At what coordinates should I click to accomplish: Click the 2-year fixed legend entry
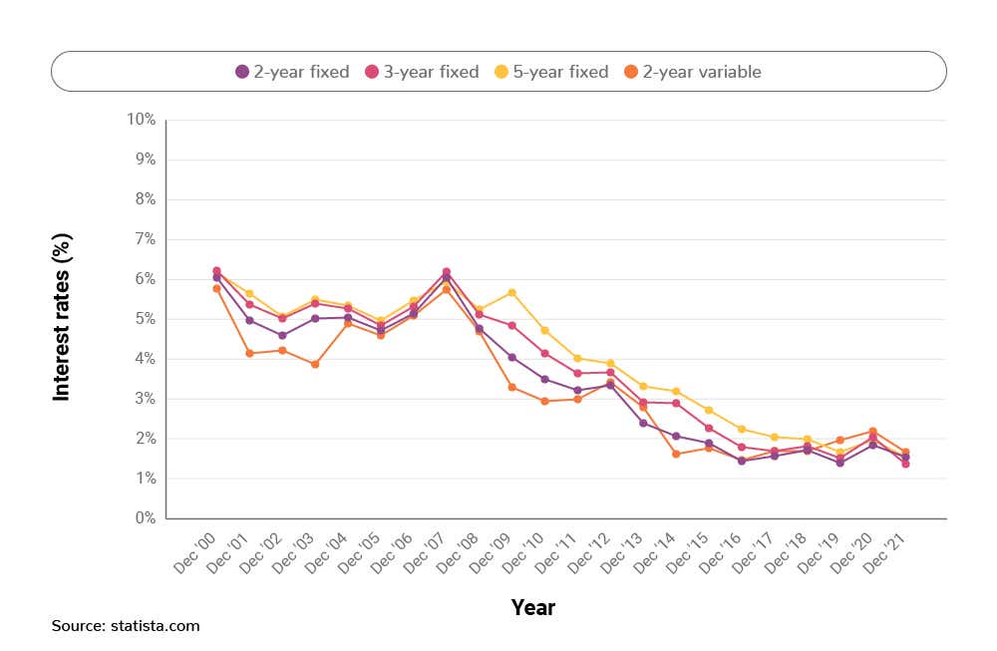292,72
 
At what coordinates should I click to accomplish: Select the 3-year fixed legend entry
422,72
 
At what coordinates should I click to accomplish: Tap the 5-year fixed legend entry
551,72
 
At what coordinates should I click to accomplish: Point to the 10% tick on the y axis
141,120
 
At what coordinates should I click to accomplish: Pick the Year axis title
532,607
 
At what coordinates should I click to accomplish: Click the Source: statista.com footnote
126,626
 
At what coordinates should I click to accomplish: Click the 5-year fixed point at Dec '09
511,292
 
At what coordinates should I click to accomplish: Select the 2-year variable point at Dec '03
315,364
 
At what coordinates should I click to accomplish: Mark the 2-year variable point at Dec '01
249,353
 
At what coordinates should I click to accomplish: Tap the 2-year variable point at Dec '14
676,454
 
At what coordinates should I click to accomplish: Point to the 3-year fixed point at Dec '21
905,464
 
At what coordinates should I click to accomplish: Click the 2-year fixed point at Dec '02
282,335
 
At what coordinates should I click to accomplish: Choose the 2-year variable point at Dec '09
511,387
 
